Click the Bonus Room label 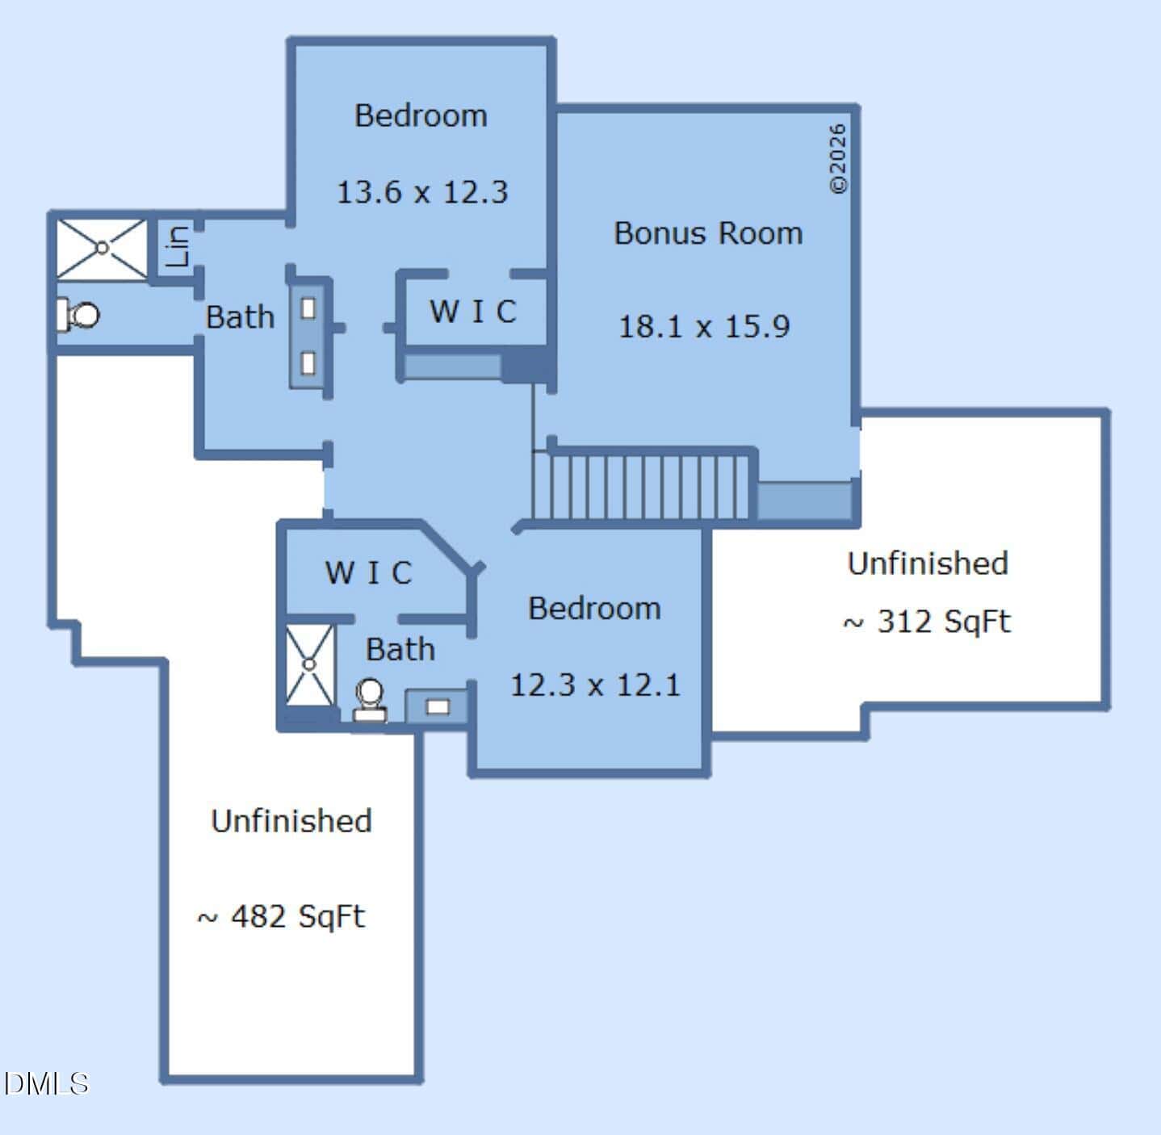click(708, 232)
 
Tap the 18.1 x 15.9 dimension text click(704, 326)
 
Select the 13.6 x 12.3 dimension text click(422, 192)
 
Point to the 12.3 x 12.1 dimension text click(595, 685)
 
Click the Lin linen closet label click(178, 246)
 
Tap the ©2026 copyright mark click(837, 159)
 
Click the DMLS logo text click(47, 1083)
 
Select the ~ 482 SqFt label click(280, 917)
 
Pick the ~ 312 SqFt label click(927, 622)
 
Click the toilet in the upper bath click(78, 315)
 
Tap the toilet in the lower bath click(369, 700)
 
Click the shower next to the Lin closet click(102, 249)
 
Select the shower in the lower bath click(309, 664)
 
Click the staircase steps click(640, 487)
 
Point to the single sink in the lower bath click(438, 707)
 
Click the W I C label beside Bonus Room click(473, 311)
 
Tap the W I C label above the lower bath click(368, 572)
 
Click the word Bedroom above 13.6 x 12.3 click(421, 115)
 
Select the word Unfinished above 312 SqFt click(928, 563)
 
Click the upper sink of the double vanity click(308, 308)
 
